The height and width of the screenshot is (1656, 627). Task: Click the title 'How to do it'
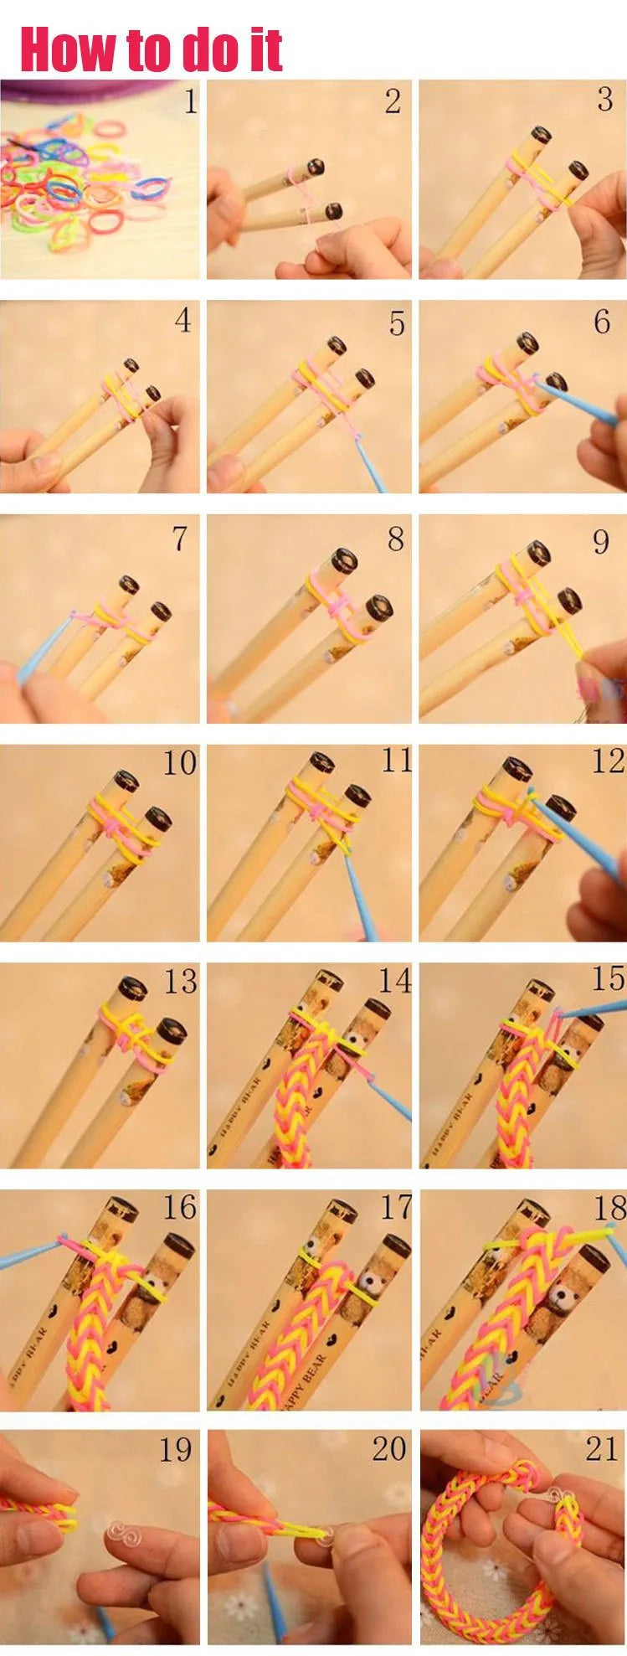pos(151,49)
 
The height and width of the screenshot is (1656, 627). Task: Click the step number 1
pos(190,102)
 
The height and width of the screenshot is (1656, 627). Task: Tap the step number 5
pos(397,323)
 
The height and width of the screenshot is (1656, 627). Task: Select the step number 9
pos(601,542)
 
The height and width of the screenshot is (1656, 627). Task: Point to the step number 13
pos(179,981)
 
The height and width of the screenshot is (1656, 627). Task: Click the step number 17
pos(395,1207)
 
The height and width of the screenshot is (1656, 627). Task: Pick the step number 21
pos(601,1449)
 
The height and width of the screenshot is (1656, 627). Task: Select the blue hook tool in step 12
pos(578,838)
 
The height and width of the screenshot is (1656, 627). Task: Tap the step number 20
pos(388,1449)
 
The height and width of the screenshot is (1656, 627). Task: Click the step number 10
pos(179,763)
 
